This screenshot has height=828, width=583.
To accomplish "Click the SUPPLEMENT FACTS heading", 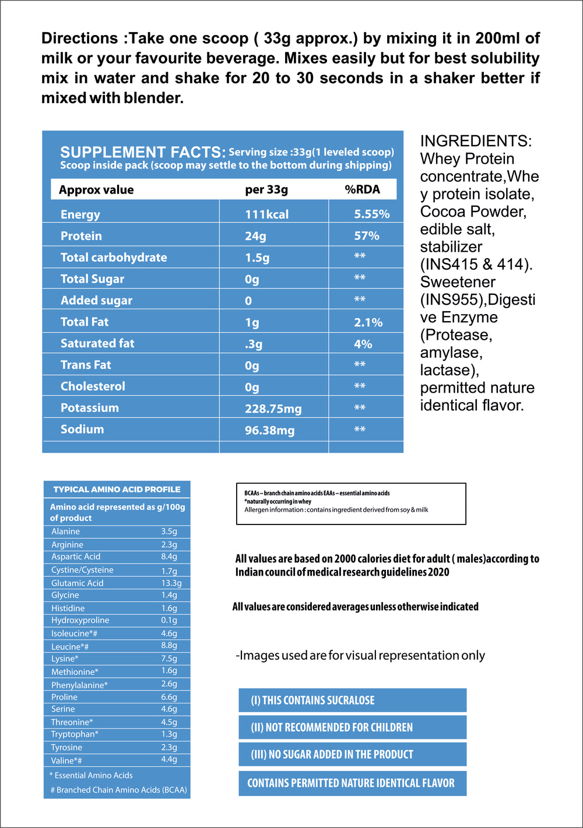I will pyautogui.click(x=143, y=152).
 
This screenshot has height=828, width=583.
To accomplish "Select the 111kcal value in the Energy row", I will pyautogui.click(x=266, y=214).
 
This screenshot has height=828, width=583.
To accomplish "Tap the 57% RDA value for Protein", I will pyautogui.click(x=366, y=236).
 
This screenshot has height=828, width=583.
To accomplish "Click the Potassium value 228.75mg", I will pyautogui.click(x=273, y=409).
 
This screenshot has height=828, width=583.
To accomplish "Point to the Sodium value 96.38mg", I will pyautogui.click(x=269, y=431).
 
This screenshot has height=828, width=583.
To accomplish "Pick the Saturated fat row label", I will pyautogui.click(x=97, y=344).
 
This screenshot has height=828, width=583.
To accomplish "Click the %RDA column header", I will pyautogui.click(x=362, y=189).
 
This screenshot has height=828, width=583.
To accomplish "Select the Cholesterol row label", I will pyautogui.click(x=93, y=386).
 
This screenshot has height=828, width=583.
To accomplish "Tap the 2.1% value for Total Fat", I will pyautogui.click(x=368, y=323).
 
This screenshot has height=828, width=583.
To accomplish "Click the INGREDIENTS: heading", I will pyautogui.click(x=476, y=141).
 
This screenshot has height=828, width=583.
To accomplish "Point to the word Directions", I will pyautogui.click(x=80, y=38).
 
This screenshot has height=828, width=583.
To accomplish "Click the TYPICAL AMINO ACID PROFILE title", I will pyautogui.click(x=117, y=489).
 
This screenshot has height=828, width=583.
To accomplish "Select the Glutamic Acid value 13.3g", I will pyautogui.click(x=171, y=583).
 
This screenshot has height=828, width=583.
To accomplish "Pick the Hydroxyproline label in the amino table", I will pyautogui.click(x=80, y=620).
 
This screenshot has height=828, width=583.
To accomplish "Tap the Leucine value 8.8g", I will pyautogui.click(x=169, y=646).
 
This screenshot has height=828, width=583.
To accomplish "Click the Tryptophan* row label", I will pyautogui.click(x=75, y=734).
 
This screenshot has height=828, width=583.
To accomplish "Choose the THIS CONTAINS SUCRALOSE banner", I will pyautogui.click(x=352, y=700).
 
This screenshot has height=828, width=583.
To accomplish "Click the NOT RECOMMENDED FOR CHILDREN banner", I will pyautogui.click(x=352, y=727).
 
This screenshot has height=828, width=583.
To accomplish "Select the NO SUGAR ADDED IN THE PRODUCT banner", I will pyautogui.click(x=352, y=754).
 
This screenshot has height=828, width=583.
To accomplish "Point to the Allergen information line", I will pyautogui.click(x=336, y=510).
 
